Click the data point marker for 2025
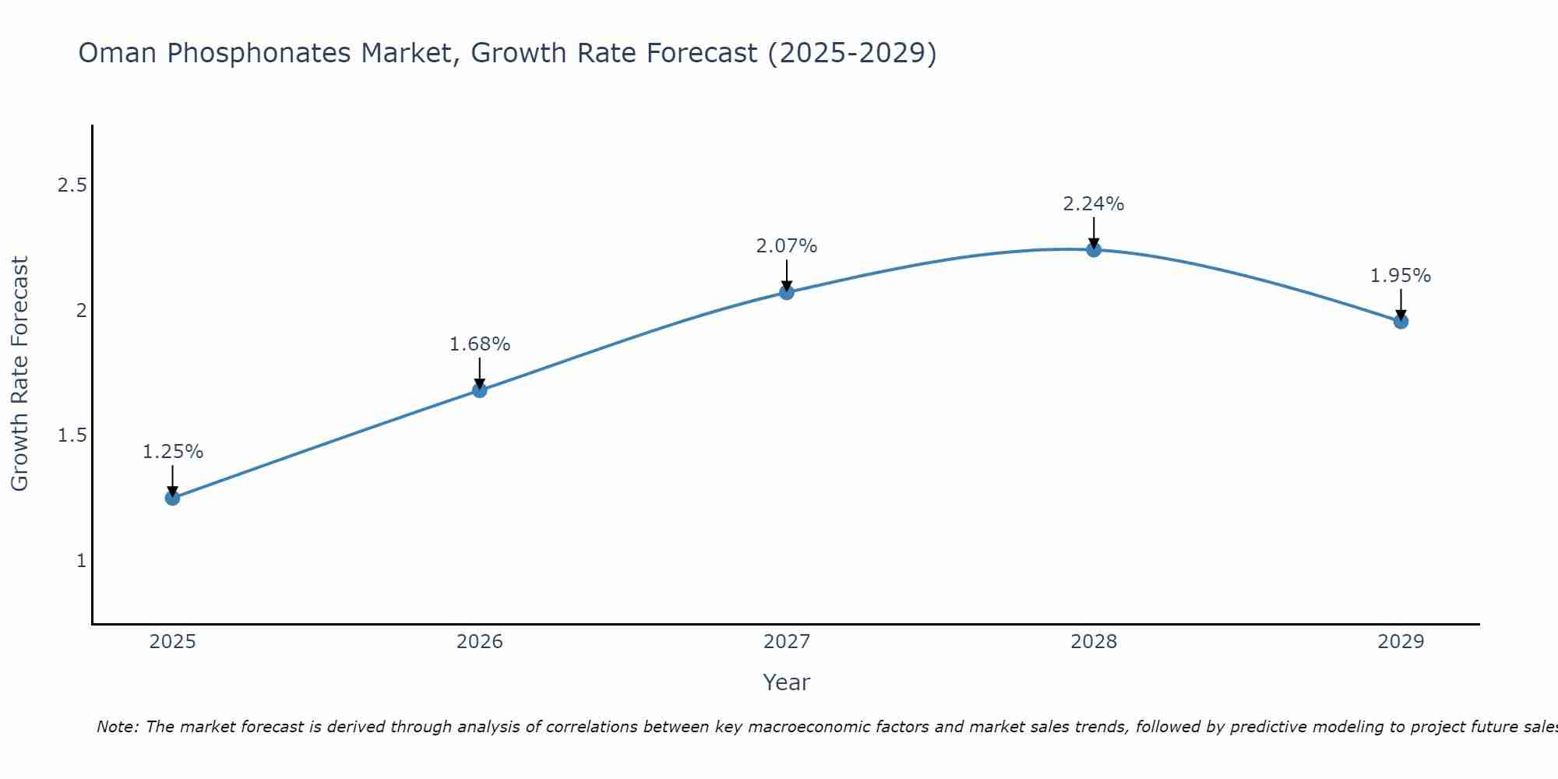[172, 498]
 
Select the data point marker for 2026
[480, 390]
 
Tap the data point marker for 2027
[787, 292]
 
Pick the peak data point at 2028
[1094, 249]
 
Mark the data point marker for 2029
[1401, 321]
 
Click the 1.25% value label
[172, 452]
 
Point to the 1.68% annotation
[480, 344]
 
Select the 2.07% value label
[787, 246]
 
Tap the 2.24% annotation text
[1094, 204]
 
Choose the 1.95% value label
[1401, 276]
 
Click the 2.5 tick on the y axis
[72, 185]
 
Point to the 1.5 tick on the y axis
[72, 435]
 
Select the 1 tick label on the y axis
[81, 561]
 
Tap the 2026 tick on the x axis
[480, 642]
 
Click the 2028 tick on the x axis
[1094, 642]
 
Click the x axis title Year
[787, 682]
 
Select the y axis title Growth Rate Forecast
[19, 374]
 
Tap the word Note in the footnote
[117, 727]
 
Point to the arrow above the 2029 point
[1401, 304]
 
